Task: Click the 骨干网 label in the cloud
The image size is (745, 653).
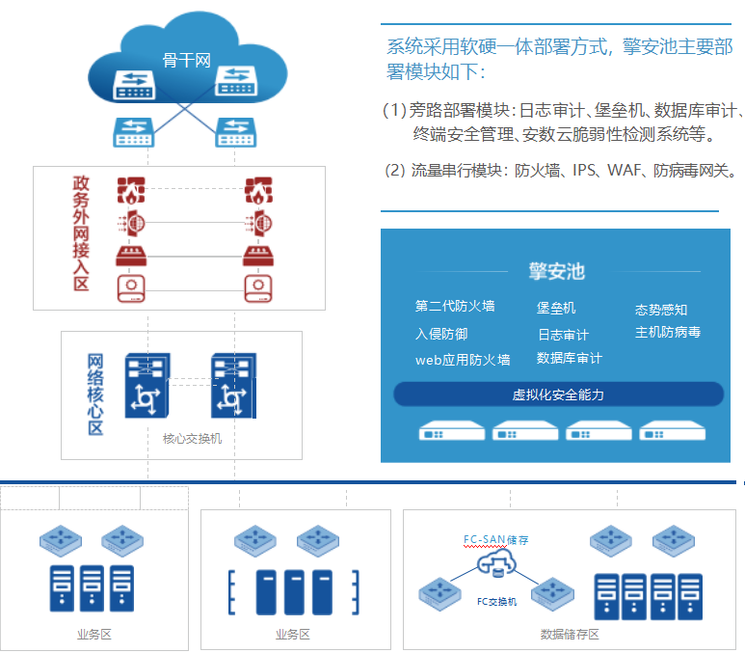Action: (186, 61)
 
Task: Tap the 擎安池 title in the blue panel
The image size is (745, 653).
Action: (556, 271)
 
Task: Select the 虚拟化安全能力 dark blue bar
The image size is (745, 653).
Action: (558, 395)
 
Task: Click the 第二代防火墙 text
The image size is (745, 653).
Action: (455, 307)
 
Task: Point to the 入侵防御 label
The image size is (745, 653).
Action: (441, 334)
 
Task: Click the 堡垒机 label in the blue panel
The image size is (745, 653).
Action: (556, 308)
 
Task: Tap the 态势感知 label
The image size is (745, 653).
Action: (661, 310)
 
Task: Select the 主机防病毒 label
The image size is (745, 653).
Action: (667, 333)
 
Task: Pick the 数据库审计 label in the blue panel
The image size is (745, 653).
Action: (570, 359)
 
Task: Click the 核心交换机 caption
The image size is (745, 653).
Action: (192, 439)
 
